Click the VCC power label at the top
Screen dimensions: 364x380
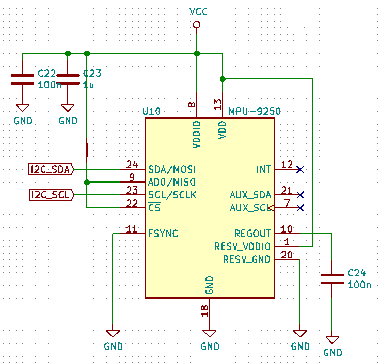(x=199, y=11)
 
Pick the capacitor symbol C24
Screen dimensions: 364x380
(x=332, y=278)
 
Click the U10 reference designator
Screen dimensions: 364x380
(x=151, y=111)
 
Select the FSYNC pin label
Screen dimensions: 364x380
(x=163, y=234)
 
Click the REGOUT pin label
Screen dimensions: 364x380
(x=252, y=234)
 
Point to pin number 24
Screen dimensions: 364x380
(x=132, y=165)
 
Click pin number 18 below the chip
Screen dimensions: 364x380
(x=205, y=310)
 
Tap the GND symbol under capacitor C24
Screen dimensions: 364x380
(x=332, y=341)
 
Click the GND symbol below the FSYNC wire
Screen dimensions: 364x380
(x=113, y=334)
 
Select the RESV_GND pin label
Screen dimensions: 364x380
(x=247, y=259)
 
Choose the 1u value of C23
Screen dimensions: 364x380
(x=88, y=85)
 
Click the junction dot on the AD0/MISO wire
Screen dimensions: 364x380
(x=87, y=182)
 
